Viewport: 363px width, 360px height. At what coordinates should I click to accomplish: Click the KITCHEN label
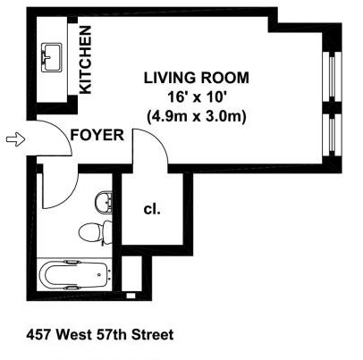86,60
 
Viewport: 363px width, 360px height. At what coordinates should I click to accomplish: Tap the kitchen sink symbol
52,57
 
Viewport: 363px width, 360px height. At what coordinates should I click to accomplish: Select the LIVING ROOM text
197,78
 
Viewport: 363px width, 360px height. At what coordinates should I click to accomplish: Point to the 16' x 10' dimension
196,97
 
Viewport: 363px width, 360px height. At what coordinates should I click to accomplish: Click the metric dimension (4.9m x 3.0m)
197,116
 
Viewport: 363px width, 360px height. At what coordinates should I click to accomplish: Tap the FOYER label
97,135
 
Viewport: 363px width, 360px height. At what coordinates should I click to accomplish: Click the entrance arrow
15,139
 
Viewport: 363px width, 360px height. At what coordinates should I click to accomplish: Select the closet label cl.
152,209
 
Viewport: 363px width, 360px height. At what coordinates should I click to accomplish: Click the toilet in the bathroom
96,232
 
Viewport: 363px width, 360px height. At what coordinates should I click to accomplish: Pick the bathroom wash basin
104,202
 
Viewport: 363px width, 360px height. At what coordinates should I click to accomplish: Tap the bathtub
74,274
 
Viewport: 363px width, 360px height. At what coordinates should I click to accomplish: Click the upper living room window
332,77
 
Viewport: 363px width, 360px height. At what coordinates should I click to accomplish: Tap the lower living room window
332,134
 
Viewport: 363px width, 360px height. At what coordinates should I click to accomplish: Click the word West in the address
74,335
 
